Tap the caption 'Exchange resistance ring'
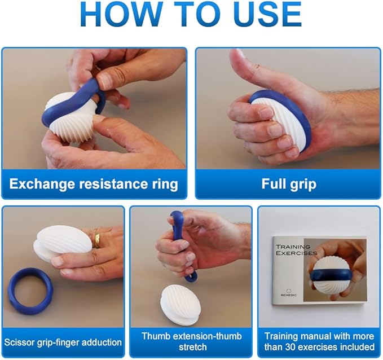[94, 184]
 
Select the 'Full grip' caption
[288, 184]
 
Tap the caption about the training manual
[319, 341]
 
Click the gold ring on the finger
[97, 240]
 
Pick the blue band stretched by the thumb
[180, 240]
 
